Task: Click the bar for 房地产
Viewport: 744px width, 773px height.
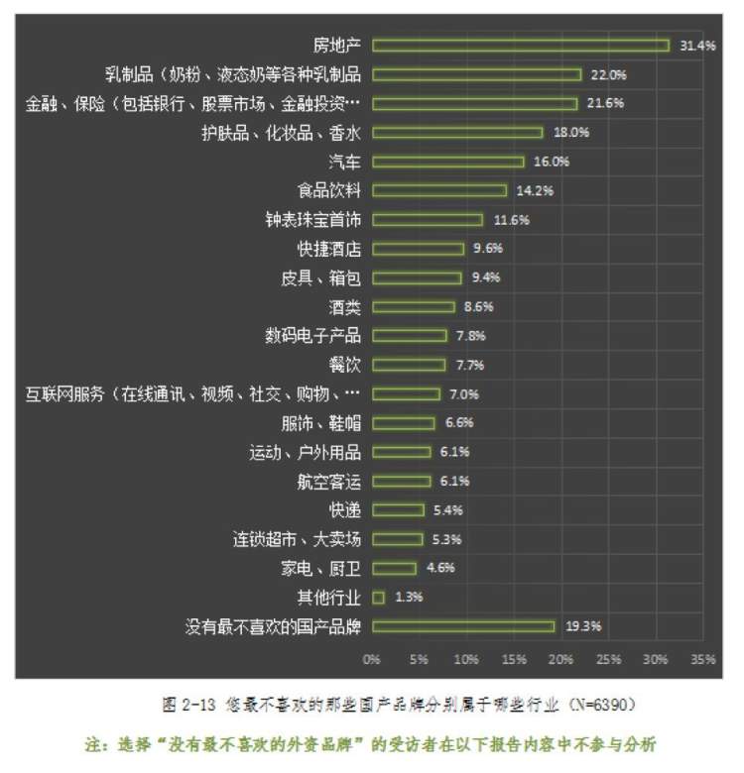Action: pyautogui.click(x=521, y=45)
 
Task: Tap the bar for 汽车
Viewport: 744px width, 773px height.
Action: pyautogui.click(x=448, y=162)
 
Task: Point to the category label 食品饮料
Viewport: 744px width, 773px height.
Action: pyautogui.click(x=329, y=190)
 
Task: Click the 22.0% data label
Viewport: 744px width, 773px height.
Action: pyautogui.click(x=608, y=74)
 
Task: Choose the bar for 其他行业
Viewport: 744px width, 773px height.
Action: pyautogui.click(x=379, y=597)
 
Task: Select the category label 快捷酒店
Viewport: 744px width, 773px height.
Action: pyautogui.click(x=329, y=249)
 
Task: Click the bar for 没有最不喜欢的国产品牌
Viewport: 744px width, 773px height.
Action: pyautogui.click(x=463, y=626)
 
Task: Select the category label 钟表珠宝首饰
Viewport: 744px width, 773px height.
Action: pyautogui.click(x=313, y=220)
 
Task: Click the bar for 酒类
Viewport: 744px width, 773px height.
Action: pyautogui.click(x=414, y=307)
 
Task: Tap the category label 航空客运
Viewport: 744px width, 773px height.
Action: pyautogui.click(x=329, y=481)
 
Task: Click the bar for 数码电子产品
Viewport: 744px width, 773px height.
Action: pyautogui.click(x=410, y=336)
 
